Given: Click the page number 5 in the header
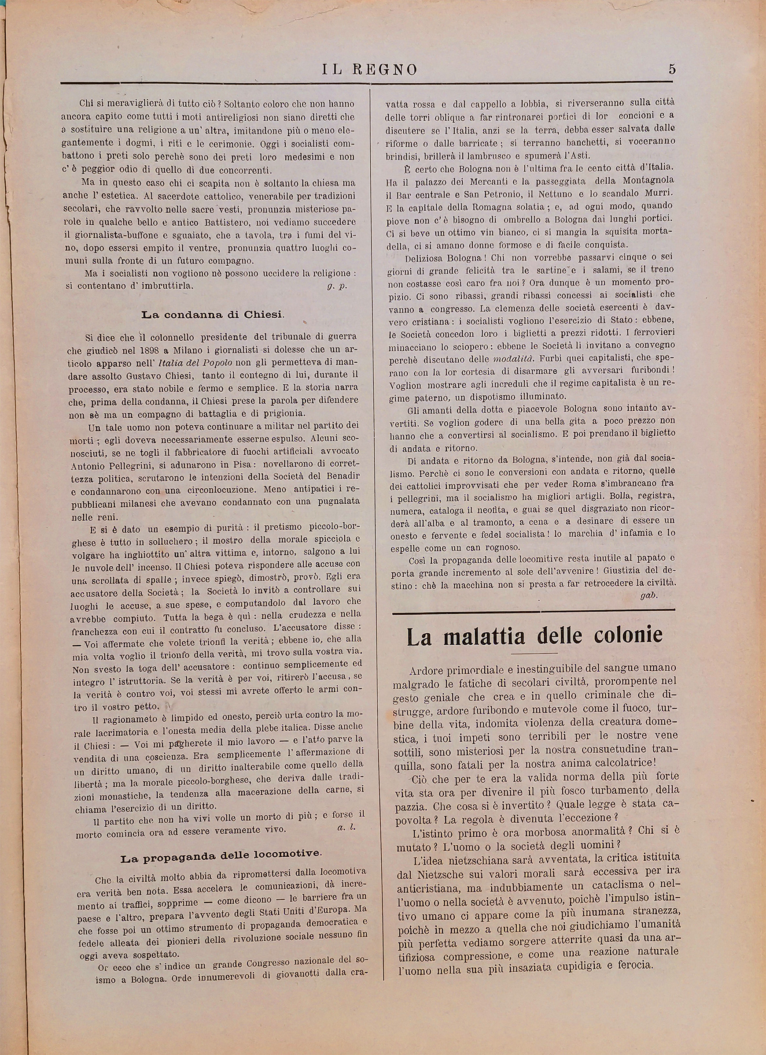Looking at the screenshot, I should [x=672, y=69].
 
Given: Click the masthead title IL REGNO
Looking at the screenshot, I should [x=369, y=70].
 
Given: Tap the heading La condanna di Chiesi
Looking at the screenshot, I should [x=213, y=315].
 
